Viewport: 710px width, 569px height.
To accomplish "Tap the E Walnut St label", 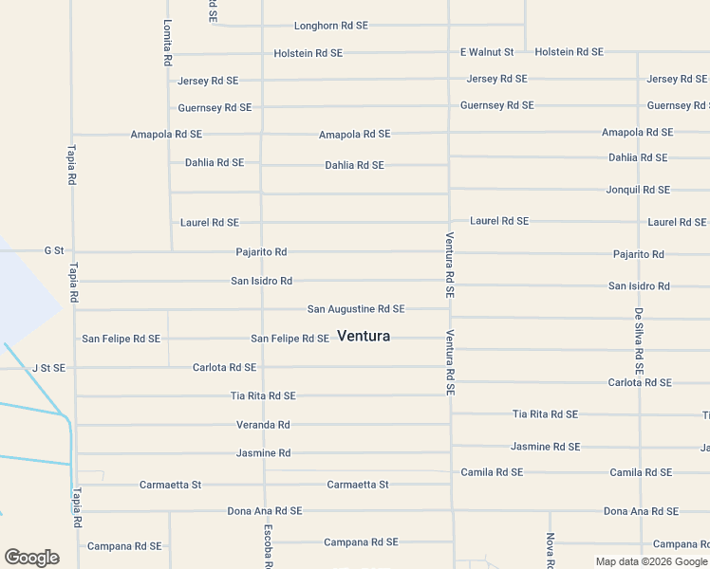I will click(487, 52).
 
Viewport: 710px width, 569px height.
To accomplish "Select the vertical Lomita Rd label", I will click(167, 43).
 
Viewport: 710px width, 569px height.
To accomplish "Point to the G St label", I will click(54, 251).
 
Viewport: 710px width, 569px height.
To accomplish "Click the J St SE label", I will click(48, 368).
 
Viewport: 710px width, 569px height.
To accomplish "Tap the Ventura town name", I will click(364, 336).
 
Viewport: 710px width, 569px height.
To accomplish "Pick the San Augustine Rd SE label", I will click(356, 309).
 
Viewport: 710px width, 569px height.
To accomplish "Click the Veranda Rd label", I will click(263, 425).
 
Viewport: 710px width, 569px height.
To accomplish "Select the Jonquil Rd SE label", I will click(638, 190).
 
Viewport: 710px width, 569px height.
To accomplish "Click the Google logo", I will click(31, 558).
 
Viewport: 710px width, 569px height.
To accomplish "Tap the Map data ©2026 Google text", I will click(652, 561).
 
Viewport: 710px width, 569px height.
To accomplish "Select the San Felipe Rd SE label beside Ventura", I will click(290, 339).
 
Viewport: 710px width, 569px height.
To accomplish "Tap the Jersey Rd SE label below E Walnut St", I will click(496, 79).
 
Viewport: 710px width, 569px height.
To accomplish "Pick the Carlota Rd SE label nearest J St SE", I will click(224, 367).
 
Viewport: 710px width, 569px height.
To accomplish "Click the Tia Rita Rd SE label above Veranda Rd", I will click(263, 395).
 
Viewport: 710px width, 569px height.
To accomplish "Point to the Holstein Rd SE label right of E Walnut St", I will click(569, 52).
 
